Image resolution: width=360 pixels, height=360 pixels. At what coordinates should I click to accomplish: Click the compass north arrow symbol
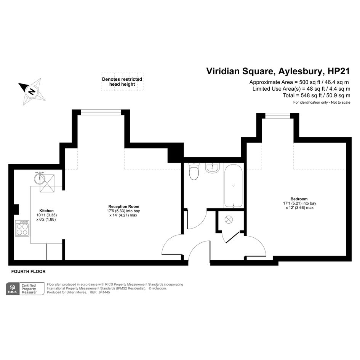point(32,91)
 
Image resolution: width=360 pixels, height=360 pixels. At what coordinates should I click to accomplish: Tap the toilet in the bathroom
point(194,171)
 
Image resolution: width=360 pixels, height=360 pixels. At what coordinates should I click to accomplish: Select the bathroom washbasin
point(212,168)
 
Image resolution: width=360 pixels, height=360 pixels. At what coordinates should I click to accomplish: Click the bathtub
point(233,186)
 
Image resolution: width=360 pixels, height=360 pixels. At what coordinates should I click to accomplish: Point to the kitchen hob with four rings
point(22,228)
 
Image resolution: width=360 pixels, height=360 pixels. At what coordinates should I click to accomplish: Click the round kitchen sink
point(40,179)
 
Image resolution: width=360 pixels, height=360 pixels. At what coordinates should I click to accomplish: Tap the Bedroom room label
point(299,199)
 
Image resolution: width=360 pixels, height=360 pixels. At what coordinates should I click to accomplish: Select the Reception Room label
point(124,206)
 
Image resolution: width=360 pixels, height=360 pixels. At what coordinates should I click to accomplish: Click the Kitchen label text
point(46,211)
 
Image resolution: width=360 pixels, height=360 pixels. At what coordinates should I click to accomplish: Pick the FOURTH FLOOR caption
point(29,271)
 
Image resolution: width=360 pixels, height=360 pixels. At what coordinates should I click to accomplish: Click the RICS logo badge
point(13,289)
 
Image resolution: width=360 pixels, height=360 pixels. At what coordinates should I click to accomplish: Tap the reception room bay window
point(101,112)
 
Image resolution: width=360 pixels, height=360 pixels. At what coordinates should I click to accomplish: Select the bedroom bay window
point(278,116)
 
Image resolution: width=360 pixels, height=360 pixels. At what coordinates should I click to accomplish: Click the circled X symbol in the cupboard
point(229,220)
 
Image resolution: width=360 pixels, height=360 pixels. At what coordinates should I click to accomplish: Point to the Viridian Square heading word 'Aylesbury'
point(301,71)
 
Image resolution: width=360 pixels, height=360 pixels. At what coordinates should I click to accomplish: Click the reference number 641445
point(104,292)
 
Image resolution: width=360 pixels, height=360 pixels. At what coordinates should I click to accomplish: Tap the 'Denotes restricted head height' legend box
point(122,82)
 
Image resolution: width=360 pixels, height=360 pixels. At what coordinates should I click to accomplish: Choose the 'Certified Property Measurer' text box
point(32,289)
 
